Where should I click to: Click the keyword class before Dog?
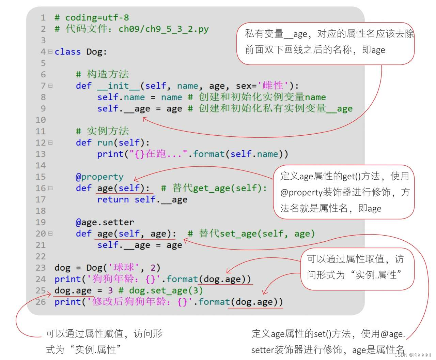tap(67, 52)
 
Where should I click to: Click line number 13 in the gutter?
tap(41, 154)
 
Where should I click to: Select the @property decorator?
tap(99, 177)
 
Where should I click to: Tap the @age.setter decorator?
tap(105, 222)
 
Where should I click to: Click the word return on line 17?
tap(113, 199)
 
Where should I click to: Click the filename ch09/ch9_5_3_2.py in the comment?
tap(163, 29)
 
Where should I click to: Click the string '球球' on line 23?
tap(124, 268)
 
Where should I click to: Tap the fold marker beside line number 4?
tap(50, 52)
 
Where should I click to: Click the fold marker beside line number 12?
tap(50, 142)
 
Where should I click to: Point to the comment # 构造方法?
tap(102, 74)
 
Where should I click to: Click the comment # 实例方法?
tap(102, 131)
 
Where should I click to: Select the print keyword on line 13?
tap(110, 154)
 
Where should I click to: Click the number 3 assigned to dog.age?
tap(110, 290)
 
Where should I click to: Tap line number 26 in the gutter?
tap(41, 302)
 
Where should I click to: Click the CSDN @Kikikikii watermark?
tap(412, 355)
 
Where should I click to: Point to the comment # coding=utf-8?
tap(92, 18)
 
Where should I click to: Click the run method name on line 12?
tap(105, 142)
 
